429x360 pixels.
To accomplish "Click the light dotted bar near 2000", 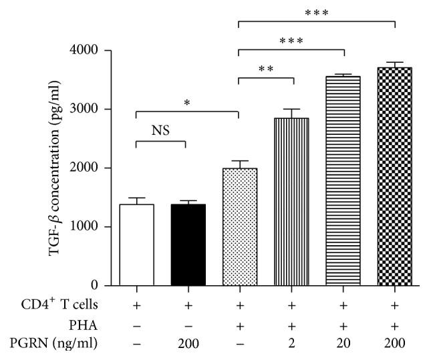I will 239,226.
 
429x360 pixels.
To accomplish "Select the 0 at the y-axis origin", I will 94,285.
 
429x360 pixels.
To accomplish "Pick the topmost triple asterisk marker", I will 317,13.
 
